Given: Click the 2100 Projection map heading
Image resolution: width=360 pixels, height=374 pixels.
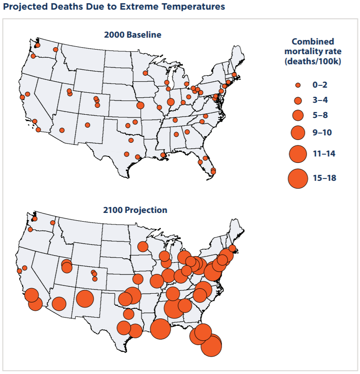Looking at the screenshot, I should click(135, 210).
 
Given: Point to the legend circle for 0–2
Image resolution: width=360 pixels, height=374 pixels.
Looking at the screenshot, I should click(298, 85).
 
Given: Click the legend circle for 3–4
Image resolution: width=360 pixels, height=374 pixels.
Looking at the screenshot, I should click(298, 100).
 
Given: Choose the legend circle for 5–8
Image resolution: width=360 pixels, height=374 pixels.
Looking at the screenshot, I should click(298, 115).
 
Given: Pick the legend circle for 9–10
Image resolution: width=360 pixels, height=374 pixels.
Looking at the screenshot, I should click(298, 133).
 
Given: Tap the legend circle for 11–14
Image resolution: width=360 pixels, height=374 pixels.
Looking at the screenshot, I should click(298, 154).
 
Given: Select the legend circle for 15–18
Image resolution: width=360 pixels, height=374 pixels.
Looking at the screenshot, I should click(298, 178).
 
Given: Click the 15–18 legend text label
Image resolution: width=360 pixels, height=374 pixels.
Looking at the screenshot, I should click(325, 178).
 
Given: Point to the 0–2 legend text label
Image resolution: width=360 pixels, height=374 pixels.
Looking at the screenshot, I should click(321, 85).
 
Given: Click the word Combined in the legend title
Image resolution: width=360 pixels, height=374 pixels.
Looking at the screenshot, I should click(313, 41).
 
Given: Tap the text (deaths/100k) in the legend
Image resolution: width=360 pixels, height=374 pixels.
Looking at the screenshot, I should click(313, 61).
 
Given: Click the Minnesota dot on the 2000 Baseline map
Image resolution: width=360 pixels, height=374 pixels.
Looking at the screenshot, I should click(145, 73).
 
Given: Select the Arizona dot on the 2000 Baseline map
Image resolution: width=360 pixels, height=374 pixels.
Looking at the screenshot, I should click(62, 130).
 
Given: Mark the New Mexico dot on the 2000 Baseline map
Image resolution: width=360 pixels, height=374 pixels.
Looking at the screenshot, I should click(88, 125).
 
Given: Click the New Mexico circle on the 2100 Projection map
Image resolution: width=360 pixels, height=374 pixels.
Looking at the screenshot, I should click(85, 299).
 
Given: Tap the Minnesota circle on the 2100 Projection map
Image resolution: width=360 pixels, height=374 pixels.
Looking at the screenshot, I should click(143, 246).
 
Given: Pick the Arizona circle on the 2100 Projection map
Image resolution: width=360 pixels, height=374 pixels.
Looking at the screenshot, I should click(59, 303).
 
